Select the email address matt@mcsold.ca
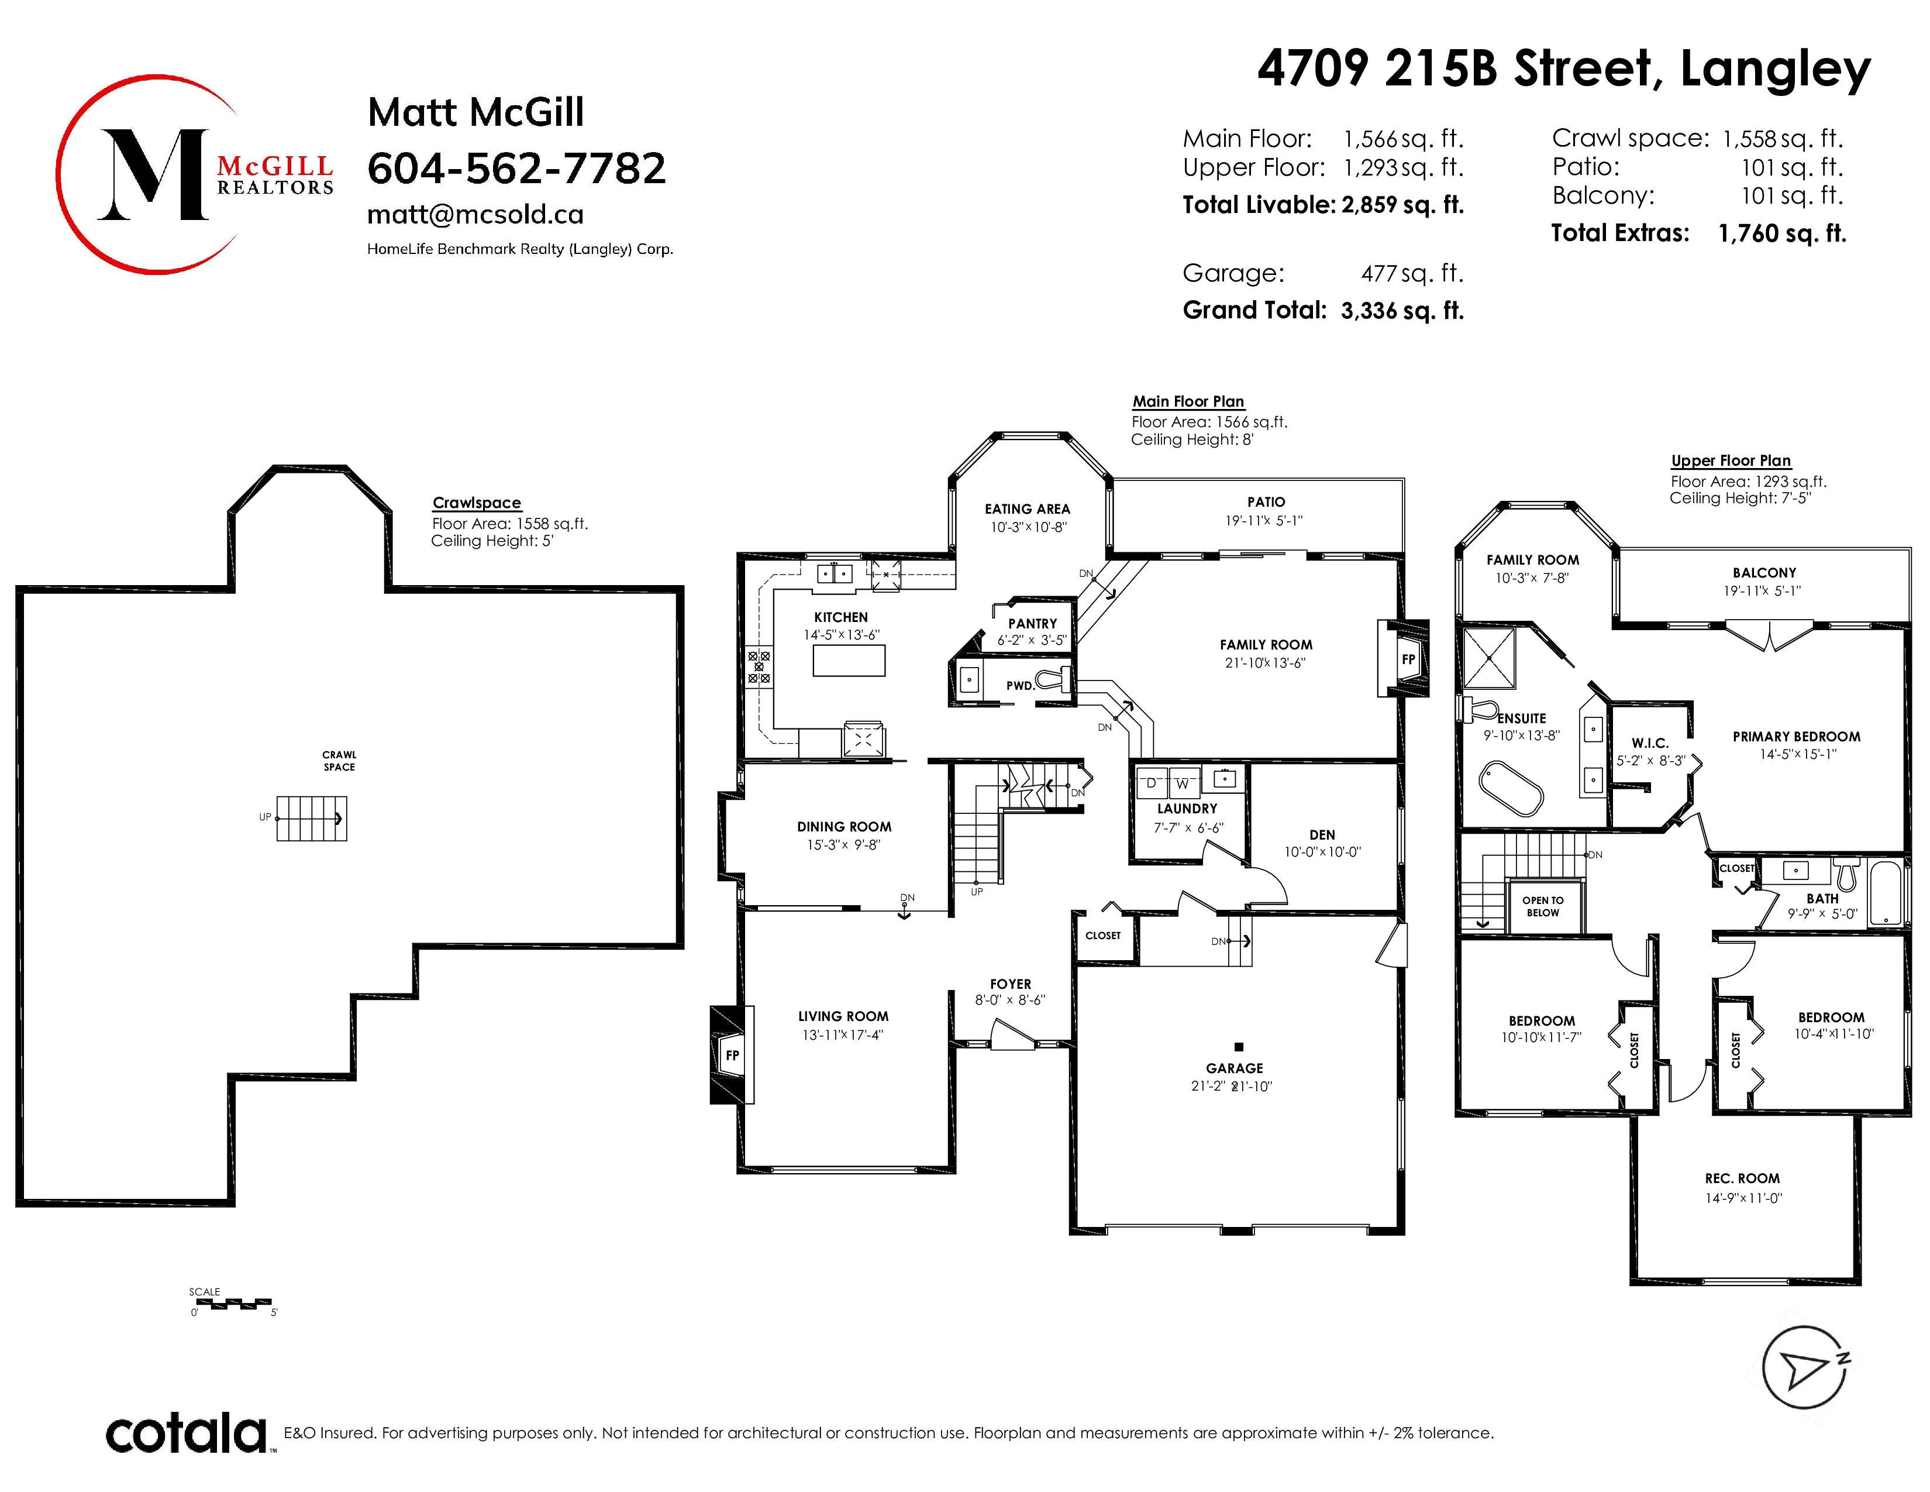475,215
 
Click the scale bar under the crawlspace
232,1303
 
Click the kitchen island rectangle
849,660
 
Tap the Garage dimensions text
1232,1087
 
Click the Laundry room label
1187,809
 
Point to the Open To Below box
1543,907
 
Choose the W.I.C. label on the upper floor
1650,743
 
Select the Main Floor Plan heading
1188,401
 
